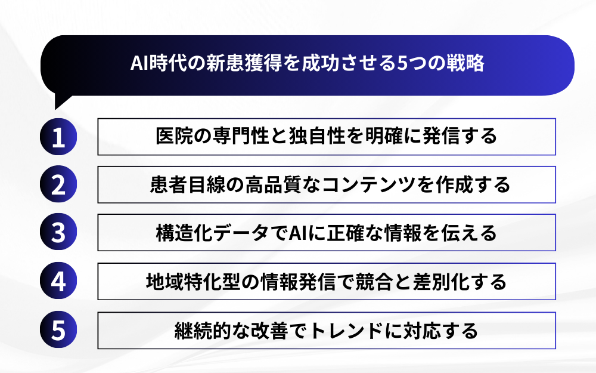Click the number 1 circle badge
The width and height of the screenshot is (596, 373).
[x=58, y=137]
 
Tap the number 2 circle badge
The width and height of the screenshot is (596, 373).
[x=58, y=184]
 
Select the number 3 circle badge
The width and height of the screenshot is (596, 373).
[x=58, y=232]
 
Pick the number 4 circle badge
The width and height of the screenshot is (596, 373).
[x=58, y=280]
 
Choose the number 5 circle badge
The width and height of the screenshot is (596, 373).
[x=58, y=329]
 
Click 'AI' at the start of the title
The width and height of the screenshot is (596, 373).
[x=139, y=63]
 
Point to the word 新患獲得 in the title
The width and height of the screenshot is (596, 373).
[x=244, y=63]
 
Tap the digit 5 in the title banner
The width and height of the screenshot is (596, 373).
[x=402, y=63]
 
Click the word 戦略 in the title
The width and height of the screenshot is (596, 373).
[x=465, y=63]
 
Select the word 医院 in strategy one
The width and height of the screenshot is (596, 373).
[x=175, y=136]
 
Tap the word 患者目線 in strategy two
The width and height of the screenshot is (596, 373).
[x=188, y=184]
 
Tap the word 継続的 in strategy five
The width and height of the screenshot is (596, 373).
[x=203, y=331]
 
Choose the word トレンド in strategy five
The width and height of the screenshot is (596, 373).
[x=346, y=331]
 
